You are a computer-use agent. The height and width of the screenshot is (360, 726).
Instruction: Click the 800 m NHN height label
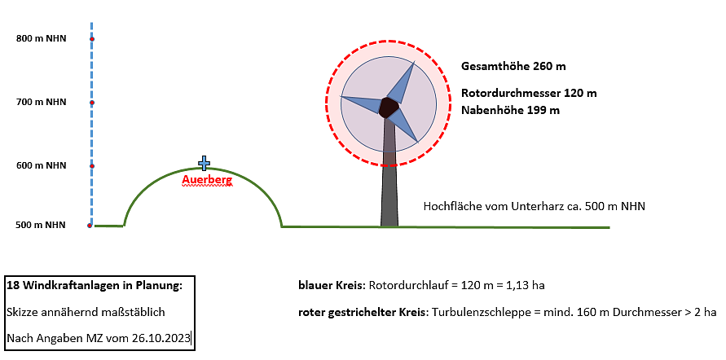point(42,38)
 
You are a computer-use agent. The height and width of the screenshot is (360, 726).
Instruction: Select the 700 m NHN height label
point(42,102)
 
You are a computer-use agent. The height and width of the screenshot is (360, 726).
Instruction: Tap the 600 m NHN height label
point(42,165)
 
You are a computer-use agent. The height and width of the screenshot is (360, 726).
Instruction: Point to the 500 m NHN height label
point(42,226)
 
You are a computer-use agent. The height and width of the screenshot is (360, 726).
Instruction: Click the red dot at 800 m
point(92,39)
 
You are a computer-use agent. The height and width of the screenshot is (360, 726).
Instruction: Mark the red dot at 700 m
point(92,103)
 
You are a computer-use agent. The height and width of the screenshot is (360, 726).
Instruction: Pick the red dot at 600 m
point(92,166)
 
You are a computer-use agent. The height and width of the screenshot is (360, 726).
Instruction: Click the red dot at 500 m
point(90,226)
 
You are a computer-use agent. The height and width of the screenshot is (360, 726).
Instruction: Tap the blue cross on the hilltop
point(204,163)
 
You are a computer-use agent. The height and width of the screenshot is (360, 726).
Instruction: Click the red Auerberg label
point(207,178)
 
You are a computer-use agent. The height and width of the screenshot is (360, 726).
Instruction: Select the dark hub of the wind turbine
point(389,108)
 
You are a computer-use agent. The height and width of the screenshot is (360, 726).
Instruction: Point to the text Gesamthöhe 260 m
point(513,66)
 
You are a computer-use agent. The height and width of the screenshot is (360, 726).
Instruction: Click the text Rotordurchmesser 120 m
point(529,93)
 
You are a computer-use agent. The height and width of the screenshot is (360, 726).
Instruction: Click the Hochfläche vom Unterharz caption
point(534,206)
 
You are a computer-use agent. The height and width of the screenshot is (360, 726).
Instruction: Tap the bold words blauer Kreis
point(332,287)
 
